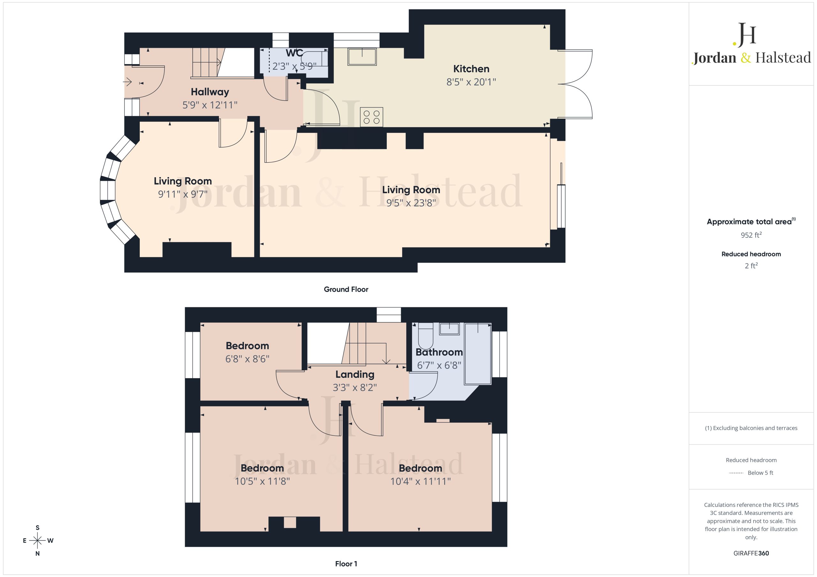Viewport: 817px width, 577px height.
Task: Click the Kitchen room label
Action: click(x=471, y=69)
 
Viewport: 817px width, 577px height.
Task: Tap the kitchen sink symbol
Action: click(x=362, y=56)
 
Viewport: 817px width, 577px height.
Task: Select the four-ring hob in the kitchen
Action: click(x=371, y=117)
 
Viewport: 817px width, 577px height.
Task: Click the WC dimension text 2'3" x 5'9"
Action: click(x=294, y=66)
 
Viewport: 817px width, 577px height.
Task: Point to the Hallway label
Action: click(x=210, y=92)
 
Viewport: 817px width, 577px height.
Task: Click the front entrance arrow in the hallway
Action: click(x=127, y=83)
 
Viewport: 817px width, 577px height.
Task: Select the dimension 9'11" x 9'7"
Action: click(x=183, y=194)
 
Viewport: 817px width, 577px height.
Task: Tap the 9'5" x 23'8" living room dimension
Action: click(x=411, y=203)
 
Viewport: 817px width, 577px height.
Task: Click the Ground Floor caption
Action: click(x=346, y=289)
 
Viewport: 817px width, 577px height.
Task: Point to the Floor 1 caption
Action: click(x=346, y=564)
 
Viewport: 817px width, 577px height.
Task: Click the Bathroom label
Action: click(x=439, y=352)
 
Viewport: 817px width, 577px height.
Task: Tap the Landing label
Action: click(x=355, y=374)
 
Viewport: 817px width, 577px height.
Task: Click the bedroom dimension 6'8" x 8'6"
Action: click(x=247, y=359)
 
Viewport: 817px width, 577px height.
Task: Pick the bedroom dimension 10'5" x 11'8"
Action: click(x=262, y=481)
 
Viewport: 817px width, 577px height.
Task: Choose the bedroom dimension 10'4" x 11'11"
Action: click(x=421, y=481)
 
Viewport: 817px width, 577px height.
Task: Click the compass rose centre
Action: click(x=37, y=541)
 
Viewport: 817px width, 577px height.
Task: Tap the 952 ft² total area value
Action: click(x=751, y=235)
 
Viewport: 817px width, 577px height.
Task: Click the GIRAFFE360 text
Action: click(x=751, y=553)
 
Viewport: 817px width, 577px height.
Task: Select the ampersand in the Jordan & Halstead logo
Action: click(x=746, y=58)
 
